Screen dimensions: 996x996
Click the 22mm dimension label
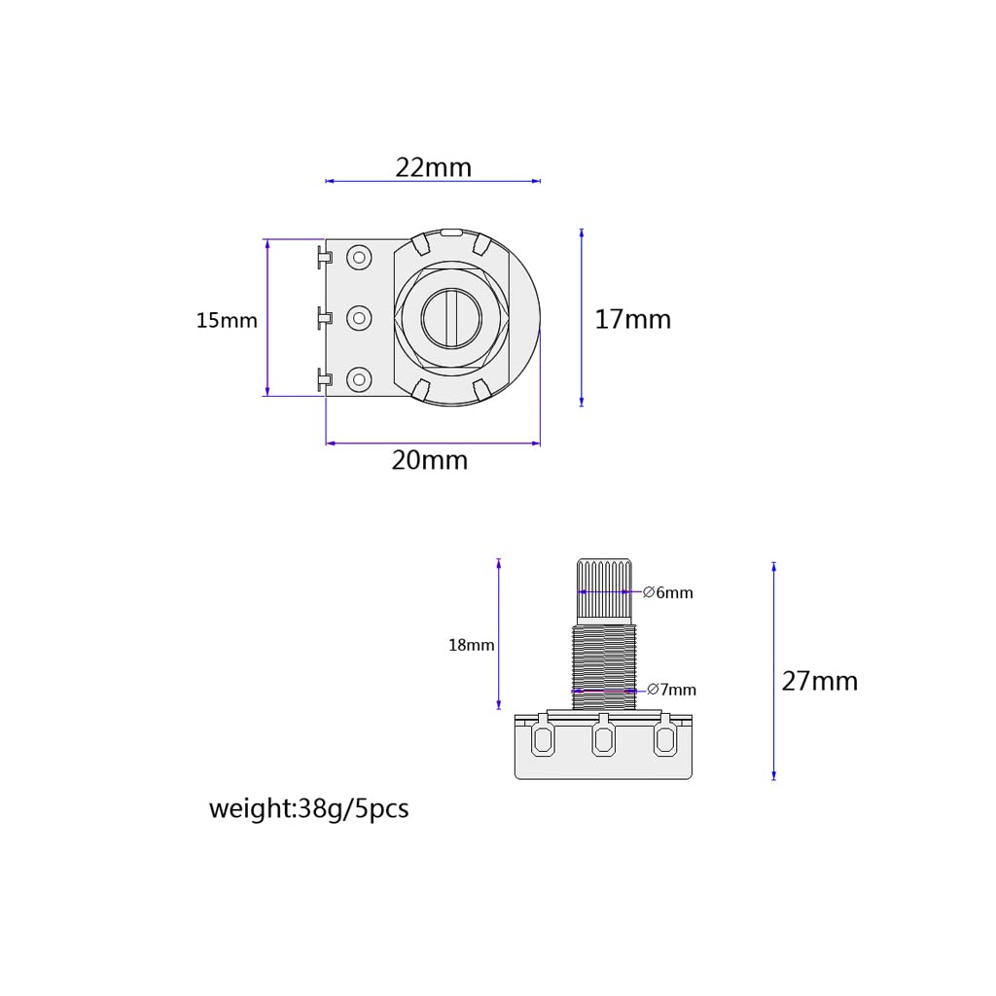tap(433, 167)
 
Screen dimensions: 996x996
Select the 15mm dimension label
tap(227, 320)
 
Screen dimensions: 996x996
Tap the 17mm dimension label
tap(632, 319)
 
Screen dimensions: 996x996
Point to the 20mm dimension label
tap(429, 460)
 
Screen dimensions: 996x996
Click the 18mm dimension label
tap(471, 645)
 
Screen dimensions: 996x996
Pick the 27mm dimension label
tap(819, 681)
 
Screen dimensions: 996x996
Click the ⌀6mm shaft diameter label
tap(668, 592)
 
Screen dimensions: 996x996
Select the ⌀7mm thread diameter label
tap(671, 690)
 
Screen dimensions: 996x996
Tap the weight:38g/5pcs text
tap(308, 809)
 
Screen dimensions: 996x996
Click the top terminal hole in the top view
tap(360, 258)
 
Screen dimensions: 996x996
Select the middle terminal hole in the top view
tap(360, 317)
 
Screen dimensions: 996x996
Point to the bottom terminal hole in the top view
tap(360, 378)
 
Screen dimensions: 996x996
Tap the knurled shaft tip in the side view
tap(604, 587)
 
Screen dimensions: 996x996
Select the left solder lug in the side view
tap(541, 741)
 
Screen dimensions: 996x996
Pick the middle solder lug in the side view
tap(603, 741)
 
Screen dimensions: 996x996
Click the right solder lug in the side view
tap(665, 741)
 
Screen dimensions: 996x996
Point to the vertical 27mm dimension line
tap(774, 671)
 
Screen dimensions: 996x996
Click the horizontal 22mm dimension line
tap(433, 181)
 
